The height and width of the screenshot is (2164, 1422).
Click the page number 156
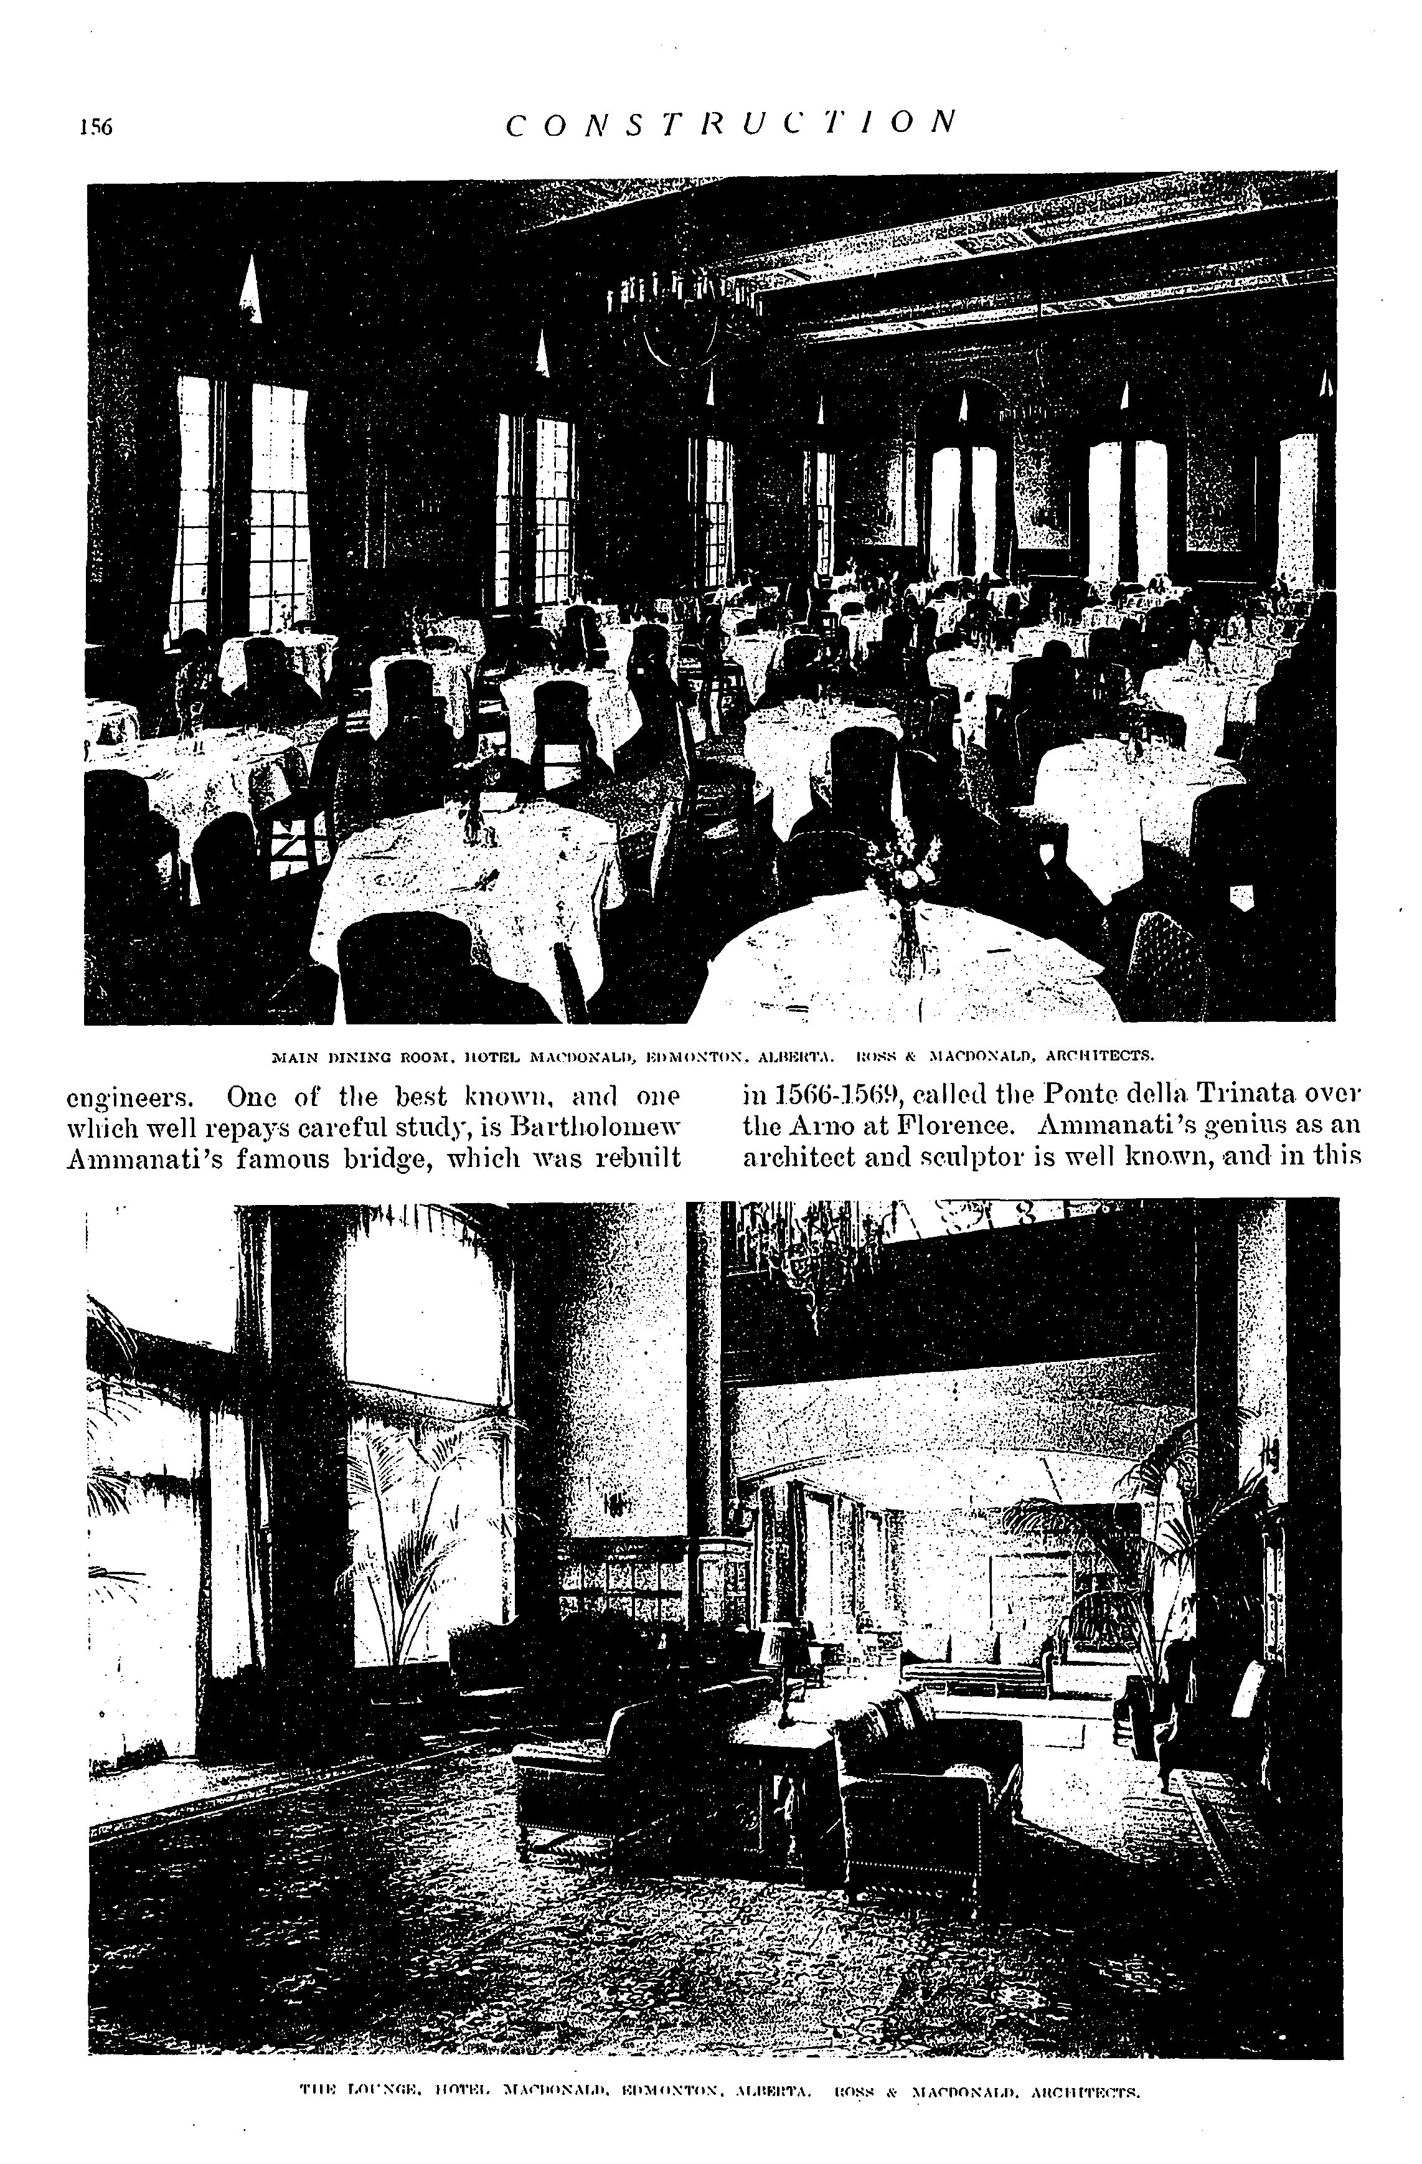[95, 127]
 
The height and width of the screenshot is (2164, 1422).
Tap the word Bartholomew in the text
[596, 1128]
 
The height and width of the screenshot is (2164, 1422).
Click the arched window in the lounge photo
[418, 1310]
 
